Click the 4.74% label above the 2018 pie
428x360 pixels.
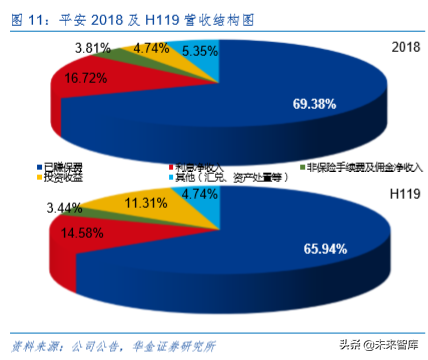click(150, 47)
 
